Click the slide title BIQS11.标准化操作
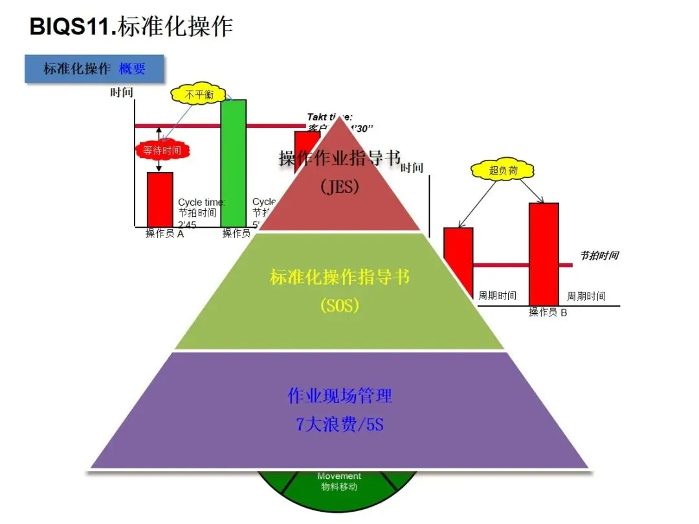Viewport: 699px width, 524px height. tap(131, 27)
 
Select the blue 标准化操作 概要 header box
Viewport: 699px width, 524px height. tap(94, 69)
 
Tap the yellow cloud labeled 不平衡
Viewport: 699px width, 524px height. tap(199, 94)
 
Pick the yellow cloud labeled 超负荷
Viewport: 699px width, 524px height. tap(503, 171)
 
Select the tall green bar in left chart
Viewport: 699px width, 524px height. tap(233, 162)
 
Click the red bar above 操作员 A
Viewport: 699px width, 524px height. tap(160, 199)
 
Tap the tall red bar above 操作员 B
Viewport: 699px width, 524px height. tap(544, 252)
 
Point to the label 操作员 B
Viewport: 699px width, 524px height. tap(548, 312)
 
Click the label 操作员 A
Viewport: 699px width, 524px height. tap(164, 234)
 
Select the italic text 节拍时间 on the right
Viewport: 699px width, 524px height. tap(599, 256)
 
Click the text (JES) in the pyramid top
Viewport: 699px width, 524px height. tap(339, 186)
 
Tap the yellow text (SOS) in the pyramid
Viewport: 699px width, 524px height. tap(339, 305)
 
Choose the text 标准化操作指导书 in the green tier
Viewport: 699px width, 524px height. tap(340, 278)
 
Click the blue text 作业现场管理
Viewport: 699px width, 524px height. tap(340, 395)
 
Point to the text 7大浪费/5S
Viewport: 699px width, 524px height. tap(340, 424)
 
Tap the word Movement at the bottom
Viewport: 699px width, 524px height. tap(339, 476)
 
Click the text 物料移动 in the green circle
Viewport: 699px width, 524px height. tap(339, 486)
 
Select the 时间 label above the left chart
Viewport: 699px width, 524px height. tap(121, 93)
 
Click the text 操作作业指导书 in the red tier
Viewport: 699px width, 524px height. tap(340, 158)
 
